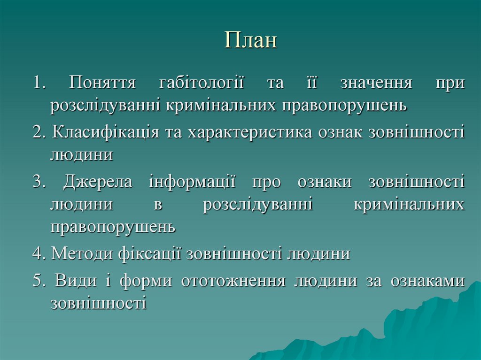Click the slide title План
pos(251,41)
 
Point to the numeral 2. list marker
pos(39,132)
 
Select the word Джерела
pos(99,182)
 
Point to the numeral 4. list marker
pos(39,254)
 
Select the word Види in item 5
pos(73,281)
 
